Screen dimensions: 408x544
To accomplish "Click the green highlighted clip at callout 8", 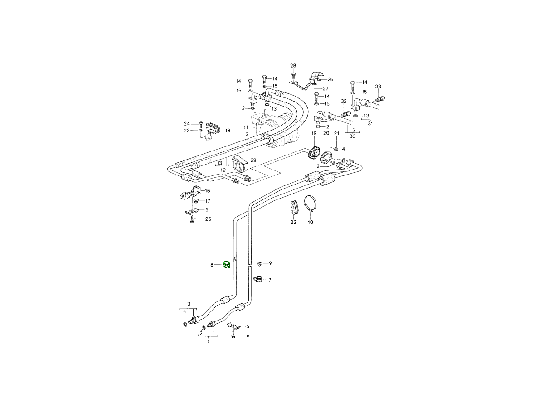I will coord(227,265).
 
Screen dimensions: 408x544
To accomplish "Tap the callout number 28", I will coord(293,66).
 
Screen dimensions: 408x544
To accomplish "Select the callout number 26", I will coord(330,79).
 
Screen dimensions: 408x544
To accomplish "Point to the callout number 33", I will coord(378,87).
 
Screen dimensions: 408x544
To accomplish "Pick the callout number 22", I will coord(293,223).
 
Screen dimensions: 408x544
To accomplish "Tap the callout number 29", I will coord(253,160).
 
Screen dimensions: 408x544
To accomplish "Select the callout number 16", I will coord(207,191).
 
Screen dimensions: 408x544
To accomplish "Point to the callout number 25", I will coord(208,219).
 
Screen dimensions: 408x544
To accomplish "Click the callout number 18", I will coord(227,131).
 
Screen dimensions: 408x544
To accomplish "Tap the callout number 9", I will coord(270,263).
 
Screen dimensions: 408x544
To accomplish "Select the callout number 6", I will coord(248,335).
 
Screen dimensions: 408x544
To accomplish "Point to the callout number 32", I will coord(344,102).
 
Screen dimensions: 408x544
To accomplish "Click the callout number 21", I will coord(336,133).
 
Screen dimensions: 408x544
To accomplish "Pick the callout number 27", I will coord(325,88).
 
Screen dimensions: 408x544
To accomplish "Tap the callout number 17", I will coord(208,201).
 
